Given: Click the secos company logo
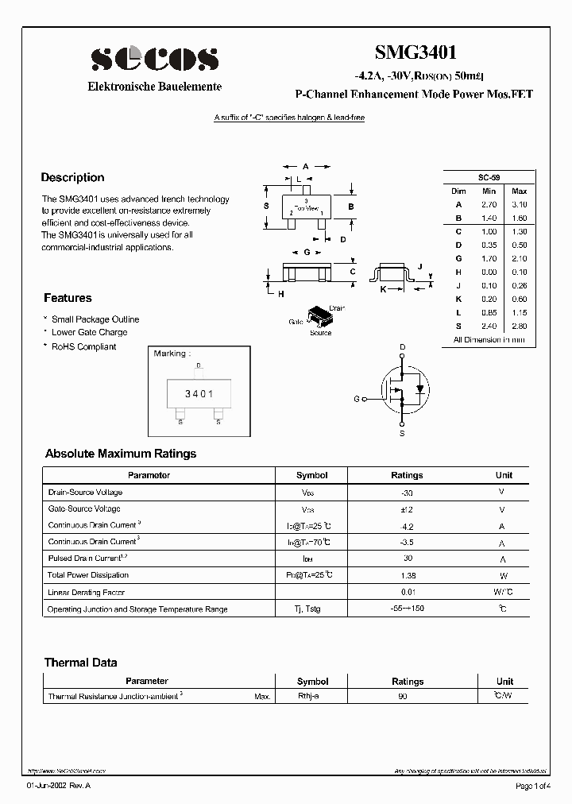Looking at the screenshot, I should point(154,59).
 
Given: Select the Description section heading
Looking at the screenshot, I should point(72,178).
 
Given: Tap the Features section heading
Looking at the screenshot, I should point(68,298).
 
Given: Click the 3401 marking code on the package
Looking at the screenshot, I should point(199,394).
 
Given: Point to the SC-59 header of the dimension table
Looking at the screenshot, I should point(489,177).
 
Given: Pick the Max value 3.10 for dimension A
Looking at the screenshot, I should point(519,204).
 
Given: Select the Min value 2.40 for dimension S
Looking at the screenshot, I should point(489,326).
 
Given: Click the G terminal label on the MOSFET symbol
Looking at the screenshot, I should point(357,399).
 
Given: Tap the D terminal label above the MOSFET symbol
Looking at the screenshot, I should point(402,347).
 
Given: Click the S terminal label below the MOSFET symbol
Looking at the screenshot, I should point(402,434).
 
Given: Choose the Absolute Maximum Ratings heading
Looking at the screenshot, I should point(121,454).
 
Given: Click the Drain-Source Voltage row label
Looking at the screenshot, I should point(85,493).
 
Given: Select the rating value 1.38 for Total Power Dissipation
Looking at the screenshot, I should point(407,575).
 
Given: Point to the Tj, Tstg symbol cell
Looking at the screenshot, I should point(311,609).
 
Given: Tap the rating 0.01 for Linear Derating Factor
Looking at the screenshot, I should point(407,592).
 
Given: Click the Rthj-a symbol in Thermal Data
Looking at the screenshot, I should point(308,696).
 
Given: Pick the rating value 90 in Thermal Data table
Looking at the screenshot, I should point(404,696).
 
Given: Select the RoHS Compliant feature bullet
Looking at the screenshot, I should point(83,346).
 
